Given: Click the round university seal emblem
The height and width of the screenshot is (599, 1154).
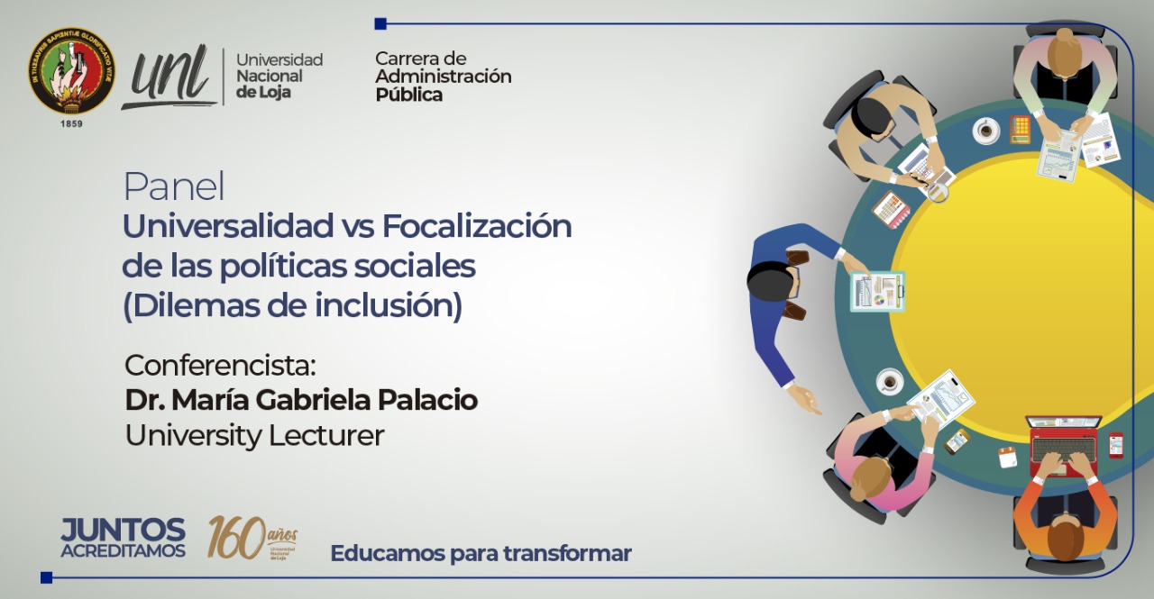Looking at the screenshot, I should (x=71, y=69).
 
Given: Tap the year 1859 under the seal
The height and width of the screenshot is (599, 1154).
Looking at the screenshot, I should (x=71, y=123).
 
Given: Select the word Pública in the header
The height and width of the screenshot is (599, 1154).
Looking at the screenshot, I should (x=408, y=95).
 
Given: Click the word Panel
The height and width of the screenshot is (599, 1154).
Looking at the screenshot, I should (x=173, y=187).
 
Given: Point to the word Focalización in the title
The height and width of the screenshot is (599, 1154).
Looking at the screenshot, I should (x=477, y=226).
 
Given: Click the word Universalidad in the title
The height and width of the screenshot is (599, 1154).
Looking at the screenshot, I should (x=227, y=226).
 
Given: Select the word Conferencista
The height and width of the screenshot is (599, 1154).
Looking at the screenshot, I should (x=220, y=366).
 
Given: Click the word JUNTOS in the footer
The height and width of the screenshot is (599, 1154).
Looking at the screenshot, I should (x=123, y=531).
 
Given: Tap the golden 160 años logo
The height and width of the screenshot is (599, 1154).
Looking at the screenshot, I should (x=252, y=538).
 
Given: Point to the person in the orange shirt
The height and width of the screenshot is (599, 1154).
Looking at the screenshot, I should (x=1065, y=522).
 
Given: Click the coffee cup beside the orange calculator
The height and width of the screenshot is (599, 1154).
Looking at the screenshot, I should (x=986, y=132).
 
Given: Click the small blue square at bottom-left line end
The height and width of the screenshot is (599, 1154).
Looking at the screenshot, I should (x=46, y=577).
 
